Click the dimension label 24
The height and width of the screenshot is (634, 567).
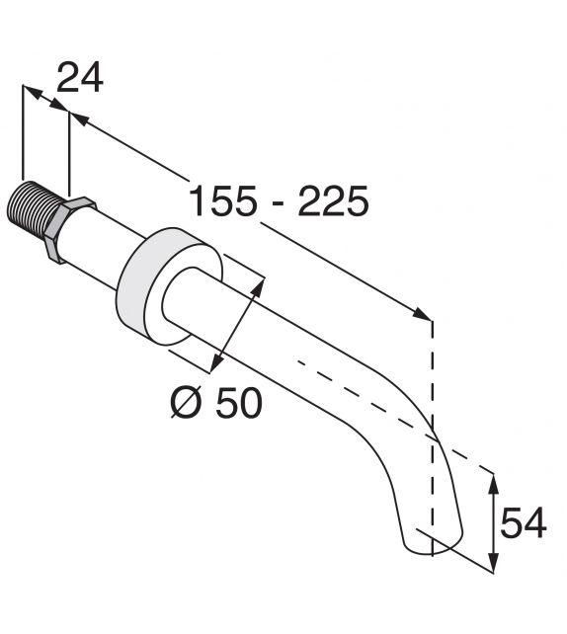pos(80,77)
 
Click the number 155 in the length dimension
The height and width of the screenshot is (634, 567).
pos(224,201)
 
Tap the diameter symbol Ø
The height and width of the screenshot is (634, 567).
pos(186,402)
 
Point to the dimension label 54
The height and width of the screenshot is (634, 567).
pos(523,523)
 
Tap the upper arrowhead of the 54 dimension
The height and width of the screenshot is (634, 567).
pos(494,481)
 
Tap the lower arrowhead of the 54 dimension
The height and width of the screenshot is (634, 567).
pos(494,564)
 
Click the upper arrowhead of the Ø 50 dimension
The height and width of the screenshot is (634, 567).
pos(261,284)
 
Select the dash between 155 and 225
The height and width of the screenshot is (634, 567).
pos(279,203)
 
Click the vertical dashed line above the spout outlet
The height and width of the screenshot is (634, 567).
pos(432,375)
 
